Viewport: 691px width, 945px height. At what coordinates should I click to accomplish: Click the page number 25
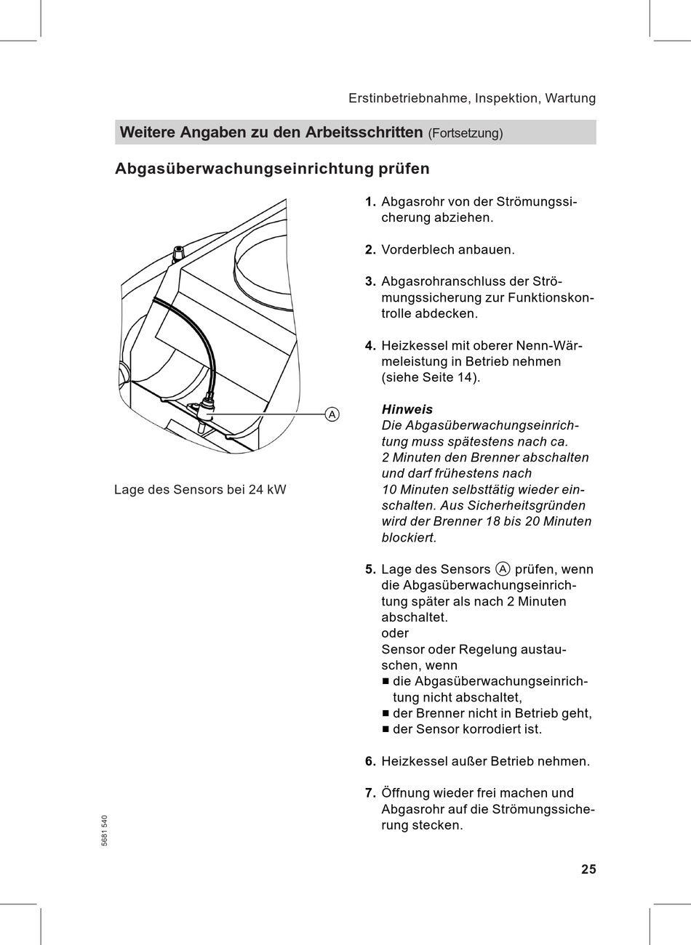588,869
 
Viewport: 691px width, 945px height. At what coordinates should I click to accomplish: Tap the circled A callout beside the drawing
332,414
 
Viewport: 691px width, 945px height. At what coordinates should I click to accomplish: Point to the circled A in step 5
503,569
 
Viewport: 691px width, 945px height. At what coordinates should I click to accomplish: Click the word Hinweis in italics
407,410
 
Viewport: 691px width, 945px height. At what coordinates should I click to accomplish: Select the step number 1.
370,202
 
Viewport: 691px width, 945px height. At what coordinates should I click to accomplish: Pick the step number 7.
370,793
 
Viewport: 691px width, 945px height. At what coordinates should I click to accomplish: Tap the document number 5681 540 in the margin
105,829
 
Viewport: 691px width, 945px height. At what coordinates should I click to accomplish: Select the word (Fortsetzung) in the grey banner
466,134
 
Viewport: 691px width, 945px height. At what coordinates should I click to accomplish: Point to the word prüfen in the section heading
404,169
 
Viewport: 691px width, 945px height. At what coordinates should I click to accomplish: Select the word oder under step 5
395,633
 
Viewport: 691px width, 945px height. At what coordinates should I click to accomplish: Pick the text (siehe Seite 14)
431,378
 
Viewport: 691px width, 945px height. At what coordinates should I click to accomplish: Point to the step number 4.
370,346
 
